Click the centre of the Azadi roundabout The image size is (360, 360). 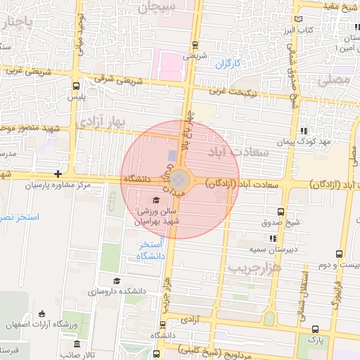180,179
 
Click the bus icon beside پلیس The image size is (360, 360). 75,86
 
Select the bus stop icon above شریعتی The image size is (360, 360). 195,46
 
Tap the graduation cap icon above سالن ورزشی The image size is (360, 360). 155,200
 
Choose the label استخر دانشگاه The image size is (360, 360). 150,250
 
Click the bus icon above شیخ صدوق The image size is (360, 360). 281,212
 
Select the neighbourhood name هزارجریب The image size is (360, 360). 255,269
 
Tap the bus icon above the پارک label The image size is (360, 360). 314,328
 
